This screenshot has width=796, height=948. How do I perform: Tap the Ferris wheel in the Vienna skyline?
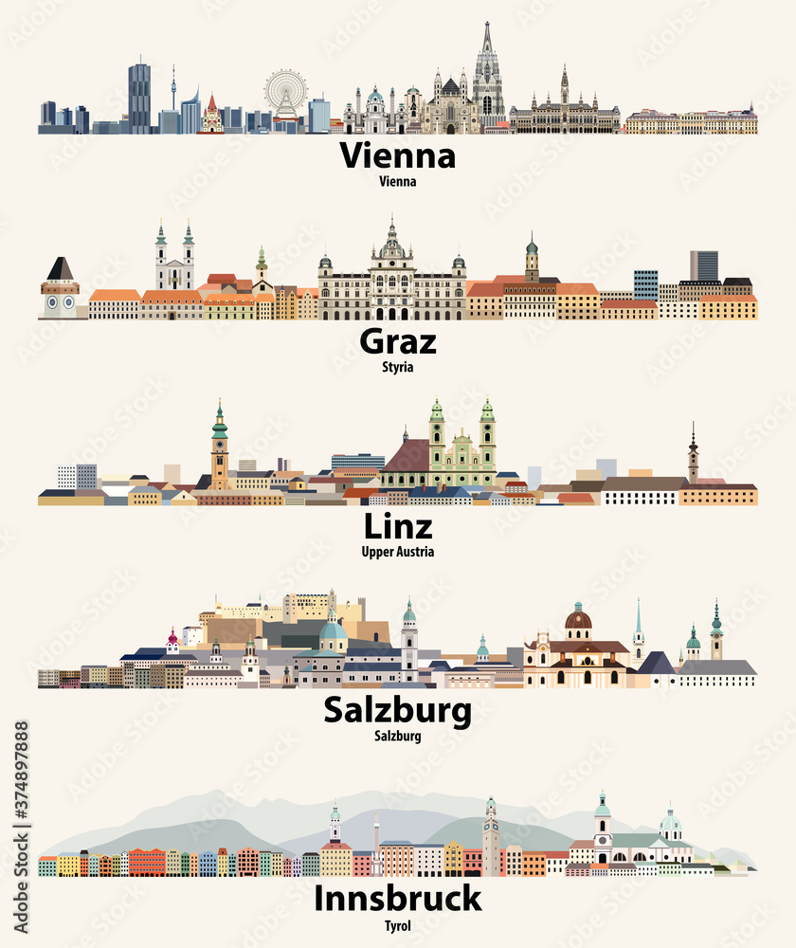click(284, 93)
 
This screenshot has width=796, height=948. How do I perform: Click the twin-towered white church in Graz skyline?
click(175, 261)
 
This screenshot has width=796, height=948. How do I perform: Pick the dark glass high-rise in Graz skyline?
click(703, 266)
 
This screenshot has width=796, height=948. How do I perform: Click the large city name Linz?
click(397, 527)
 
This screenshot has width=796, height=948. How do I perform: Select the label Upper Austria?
click(397, 552)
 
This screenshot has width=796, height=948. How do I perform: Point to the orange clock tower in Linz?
click(220, 450)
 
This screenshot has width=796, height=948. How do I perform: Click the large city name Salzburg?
click(397, 710)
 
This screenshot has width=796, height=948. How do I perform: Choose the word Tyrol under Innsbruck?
click(397, 925)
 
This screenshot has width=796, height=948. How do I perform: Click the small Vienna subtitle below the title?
click(397, 180)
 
